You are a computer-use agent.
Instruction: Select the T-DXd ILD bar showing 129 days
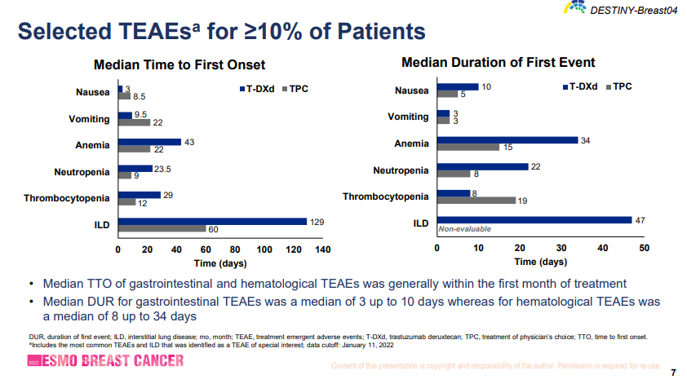click(212, 221)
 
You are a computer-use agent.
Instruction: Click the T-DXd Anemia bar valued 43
click(149, 142)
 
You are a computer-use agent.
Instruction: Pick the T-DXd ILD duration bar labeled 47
click(534, 219)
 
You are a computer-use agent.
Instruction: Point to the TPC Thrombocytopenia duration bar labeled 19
click(476, 200)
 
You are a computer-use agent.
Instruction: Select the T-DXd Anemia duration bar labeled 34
click(507, 139)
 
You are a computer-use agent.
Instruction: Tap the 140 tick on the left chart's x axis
click(323, 249)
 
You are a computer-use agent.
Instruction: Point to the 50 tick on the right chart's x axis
click(645, 247)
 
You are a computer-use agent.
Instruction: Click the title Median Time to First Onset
click(180, 65)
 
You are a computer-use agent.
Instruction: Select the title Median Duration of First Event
click(499, 63)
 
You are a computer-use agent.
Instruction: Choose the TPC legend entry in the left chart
click(294, 88)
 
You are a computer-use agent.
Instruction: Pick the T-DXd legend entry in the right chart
click(579, 86)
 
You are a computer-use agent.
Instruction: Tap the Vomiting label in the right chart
click(408, 117)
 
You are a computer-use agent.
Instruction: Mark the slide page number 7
click(672, 373)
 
